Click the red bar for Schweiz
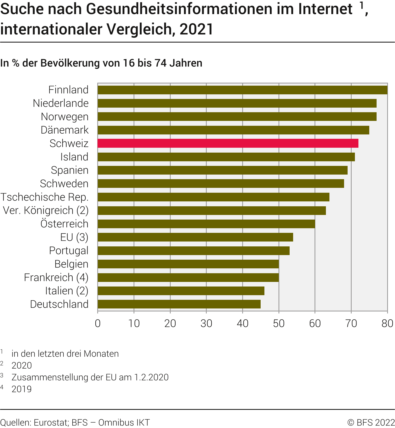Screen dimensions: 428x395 pos(228,143)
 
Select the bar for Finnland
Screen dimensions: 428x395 pos(242,90)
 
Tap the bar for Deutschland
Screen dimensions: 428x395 pos(179,304)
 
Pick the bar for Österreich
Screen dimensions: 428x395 pos(206,224)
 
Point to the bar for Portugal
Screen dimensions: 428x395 pos(193,251)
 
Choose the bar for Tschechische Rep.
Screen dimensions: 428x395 pos(213,197)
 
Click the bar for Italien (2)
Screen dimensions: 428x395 pos(181,291)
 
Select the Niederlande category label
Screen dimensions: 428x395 pos(61,103)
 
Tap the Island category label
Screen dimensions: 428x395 pos(74,157)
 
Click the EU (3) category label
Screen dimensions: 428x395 pos(74,237)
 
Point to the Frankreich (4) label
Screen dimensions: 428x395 pos(56,278)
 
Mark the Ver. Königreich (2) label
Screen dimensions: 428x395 pos(46,210)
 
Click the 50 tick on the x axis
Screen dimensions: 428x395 pos(279,323)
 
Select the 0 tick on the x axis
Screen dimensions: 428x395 pos(98,323)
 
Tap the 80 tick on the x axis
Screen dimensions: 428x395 pos(387,323)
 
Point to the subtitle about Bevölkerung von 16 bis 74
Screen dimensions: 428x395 pos(101,63)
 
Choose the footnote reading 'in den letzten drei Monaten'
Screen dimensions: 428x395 pos(65,354)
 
